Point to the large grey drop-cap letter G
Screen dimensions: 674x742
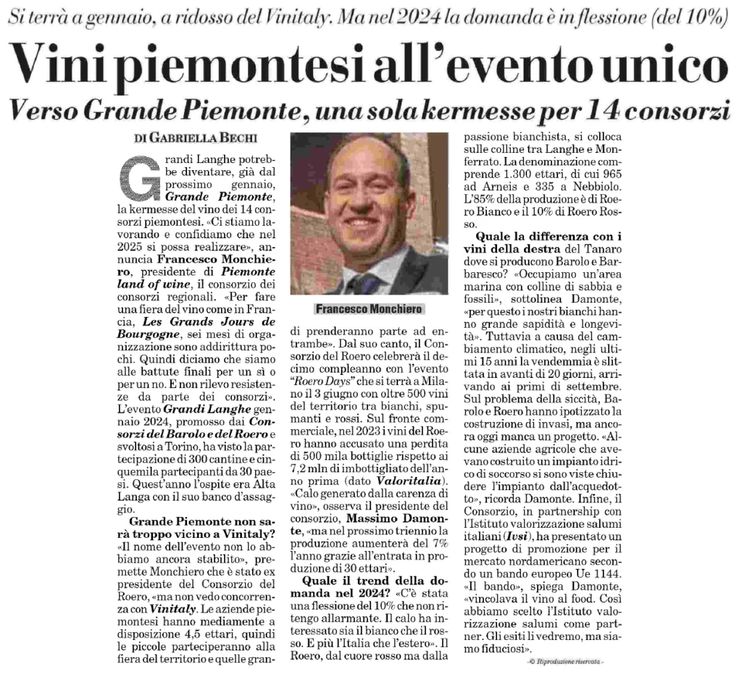coord(138,177)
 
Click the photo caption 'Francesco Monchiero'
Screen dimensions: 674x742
coord(369,308)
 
